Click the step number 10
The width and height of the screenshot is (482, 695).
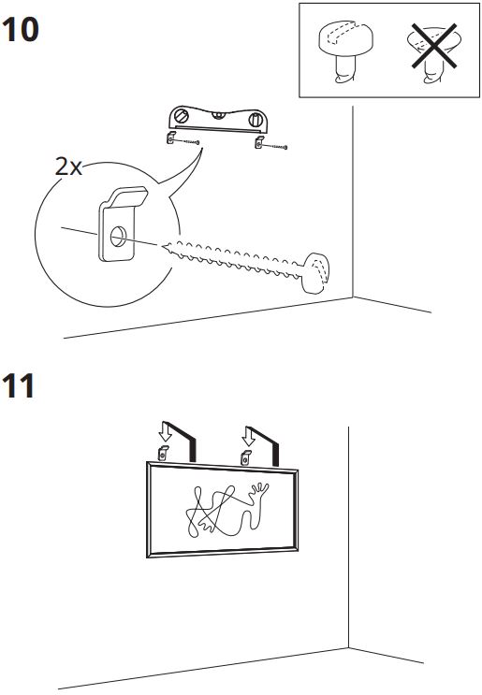click(x=21, y=30)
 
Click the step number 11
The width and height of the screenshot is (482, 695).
click(x=19, y=385)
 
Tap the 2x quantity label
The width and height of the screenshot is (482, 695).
click(x=68, y=167)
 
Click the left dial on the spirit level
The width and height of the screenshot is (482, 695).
click(x=182, y=117)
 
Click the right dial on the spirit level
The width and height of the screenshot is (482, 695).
click(x=256, y=120)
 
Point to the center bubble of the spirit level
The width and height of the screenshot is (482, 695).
click(x=217, y=115)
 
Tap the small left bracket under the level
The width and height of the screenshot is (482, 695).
click(x=170, y=138)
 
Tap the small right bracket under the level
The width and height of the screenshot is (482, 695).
click(x=259, y=142)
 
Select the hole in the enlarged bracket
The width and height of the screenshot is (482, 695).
click(x=118, y=236)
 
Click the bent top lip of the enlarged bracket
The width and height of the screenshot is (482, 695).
click(x=128, y=196)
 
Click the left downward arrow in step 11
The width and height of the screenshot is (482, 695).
click(x=166, y=431)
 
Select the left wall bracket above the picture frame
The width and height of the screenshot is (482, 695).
click(x=163, y=453)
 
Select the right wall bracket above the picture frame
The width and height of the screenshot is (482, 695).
click(x=245, y=457)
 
